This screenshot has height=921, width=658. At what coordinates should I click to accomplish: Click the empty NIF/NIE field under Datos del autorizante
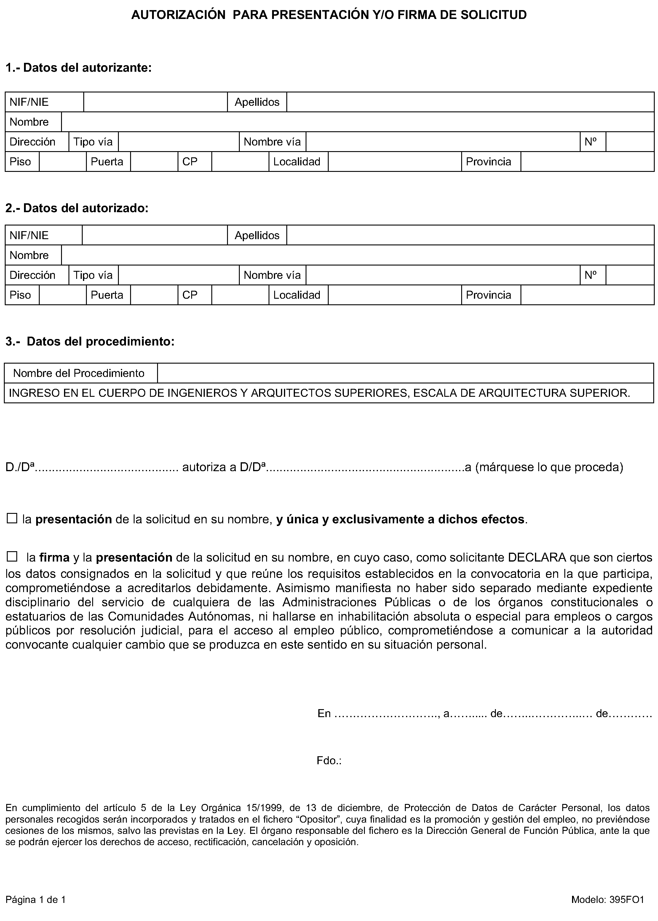[x=155, y=102]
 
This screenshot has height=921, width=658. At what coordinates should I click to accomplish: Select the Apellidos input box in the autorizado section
[x=470, y=235]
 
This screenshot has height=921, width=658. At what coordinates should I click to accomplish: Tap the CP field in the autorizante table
[x=240, y=162]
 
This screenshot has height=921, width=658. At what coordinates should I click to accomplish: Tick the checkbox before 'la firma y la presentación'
[x=12, y=557]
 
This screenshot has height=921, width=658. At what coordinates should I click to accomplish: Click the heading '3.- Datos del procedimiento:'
[x=90, y=341]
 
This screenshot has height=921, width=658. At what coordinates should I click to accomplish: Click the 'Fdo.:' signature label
[x=329, y=761]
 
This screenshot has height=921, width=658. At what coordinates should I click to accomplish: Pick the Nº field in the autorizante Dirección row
[x=630, y=142]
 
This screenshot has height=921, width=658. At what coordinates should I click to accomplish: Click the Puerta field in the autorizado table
[x=154, y=295]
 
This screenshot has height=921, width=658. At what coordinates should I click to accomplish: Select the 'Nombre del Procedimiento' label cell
[x=79, y=373]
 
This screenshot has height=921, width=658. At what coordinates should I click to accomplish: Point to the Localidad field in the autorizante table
[x=395, y=162]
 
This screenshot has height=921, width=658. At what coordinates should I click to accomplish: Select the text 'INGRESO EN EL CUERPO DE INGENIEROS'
[x=126, y=393]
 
